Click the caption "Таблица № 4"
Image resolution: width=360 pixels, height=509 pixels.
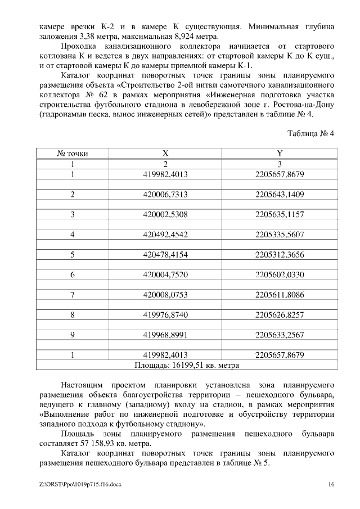coord(310,134)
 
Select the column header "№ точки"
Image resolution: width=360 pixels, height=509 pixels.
coord(73,153)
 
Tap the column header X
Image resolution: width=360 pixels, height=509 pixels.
coord(165,153)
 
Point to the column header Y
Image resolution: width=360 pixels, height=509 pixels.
coord(280,153)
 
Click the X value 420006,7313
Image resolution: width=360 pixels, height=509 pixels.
coord(165,194)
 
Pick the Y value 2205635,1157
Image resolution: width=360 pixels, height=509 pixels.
coord(280,214)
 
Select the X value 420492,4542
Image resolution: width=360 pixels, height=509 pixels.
coord(165,235)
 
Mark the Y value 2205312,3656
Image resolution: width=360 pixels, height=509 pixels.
coord(280,255)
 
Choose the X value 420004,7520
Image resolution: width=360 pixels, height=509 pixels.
coord(165,274)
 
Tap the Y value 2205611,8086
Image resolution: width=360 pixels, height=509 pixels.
coord(280,294)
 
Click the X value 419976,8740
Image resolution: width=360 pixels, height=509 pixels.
coord(165,314)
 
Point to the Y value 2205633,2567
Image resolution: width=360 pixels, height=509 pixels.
coord(280,335)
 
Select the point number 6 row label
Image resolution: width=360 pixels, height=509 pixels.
coord(73,274)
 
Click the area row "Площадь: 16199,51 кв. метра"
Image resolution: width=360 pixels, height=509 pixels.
coord(187,364)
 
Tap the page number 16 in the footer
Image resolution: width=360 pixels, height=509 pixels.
coord(332,484)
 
